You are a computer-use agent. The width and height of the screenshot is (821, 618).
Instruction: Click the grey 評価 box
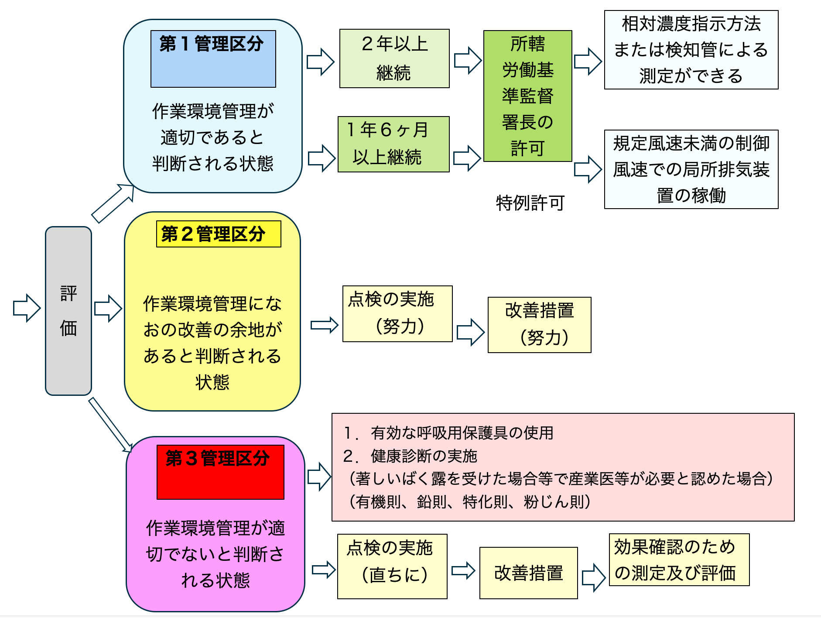point(68,311)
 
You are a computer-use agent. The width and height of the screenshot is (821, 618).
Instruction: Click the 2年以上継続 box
point(394,58)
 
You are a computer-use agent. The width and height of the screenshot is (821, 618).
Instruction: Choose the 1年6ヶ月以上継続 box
point(393,144)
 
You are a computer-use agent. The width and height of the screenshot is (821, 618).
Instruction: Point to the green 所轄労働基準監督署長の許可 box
point(528,96)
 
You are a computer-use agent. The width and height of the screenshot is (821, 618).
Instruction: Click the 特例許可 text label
point(530,203)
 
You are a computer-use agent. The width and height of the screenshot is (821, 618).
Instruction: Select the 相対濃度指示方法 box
point(691,50)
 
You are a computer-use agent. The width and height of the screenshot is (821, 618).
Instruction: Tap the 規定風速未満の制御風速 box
point(691,169)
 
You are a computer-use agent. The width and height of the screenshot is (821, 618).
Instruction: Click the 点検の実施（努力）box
point(397,314)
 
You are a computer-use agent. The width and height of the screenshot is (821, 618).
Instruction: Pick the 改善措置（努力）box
point(540,325)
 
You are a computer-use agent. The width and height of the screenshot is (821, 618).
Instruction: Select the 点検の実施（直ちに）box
point(392,566)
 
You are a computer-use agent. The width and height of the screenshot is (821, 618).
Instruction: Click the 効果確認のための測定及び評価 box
point(679,560)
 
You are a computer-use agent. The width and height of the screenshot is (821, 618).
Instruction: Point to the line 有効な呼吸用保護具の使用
point(448,433)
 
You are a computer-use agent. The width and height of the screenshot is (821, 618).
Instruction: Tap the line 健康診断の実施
point(410,456)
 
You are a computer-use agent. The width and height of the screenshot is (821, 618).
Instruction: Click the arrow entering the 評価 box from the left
point(27,308)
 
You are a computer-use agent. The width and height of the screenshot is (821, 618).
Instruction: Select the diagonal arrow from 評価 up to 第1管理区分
point(113,203)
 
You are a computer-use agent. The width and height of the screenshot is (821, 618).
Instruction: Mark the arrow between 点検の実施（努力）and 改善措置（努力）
point(470,332)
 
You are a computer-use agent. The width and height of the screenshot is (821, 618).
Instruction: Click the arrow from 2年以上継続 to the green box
point(468,60)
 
